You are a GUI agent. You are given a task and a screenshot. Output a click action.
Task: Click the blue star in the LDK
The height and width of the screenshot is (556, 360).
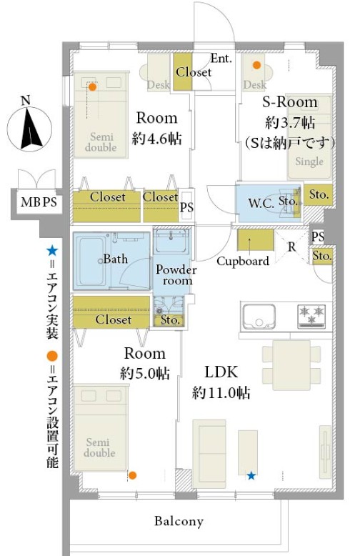251,475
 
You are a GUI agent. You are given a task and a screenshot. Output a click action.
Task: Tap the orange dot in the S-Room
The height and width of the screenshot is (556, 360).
257,65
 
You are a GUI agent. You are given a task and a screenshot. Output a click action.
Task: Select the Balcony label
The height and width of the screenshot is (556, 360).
179,521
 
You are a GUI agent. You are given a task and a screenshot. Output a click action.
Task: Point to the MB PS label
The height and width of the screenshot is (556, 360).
39,202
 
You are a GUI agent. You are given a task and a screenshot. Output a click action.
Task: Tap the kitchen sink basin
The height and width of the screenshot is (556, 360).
259,316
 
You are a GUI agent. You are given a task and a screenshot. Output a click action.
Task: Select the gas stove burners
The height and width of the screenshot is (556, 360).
311,316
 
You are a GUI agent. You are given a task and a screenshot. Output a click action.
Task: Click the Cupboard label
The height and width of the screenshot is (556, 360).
243,262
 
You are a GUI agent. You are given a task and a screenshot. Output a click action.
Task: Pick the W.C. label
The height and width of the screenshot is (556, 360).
261,204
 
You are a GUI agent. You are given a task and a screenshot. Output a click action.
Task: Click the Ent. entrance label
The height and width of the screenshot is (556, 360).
221,58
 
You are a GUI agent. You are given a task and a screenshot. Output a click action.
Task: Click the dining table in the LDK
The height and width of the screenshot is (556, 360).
291,365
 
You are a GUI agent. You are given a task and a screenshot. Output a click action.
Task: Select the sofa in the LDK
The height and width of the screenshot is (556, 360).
209,451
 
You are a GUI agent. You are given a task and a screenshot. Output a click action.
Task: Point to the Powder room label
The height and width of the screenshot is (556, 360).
176,275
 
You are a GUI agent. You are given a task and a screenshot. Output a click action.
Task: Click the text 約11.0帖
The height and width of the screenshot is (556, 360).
221,393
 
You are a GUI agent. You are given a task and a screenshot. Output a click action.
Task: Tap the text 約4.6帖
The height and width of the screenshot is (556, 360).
156,139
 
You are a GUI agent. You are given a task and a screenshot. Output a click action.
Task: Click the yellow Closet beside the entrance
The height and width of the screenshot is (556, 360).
183,71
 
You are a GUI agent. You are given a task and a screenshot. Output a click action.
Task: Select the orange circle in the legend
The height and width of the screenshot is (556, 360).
52,357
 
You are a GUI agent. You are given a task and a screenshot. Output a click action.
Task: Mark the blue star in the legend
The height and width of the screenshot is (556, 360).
52,251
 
